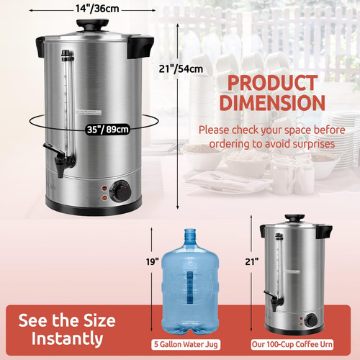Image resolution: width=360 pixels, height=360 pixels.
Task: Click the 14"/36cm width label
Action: [97, 9]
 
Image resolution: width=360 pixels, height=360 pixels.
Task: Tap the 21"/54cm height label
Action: [181, 69]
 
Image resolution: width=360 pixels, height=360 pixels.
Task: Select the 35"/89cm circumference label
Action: [107, 130]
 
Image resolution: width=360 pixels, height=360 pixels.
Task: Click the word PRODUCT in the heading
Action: [273, 83]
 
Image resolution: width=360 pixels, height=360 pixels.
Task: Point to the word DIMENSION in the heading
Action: [272, 102]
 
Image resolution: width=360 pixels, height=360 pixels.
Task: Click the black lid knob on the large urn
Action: [93, 24]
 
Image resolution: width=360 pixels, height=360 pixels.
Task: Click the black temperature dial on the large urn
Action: [120, 191]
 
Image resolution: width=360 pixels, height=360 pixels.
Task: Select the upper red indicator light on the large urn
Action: [104, 189]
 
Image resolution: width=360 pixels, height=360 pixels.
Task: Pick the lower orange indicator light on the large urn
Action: [104, 198]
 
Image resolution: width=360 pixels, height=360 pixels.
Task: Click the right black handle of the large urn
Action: [140, 47]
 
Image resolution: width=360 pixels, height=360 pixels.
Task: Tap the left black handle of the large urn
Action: [40, 47]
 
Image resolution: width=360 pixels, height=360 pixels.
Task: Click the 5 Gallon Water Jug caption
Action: [186, 344]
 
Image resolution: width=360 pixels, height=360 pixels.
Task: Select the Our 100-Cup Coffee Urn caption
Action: [292, 344]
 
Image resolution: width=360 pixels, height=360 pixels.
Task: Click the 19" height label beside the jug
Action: [153, 261]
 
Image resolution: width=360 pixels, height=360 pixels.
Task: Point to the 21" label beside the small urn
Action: [252, 261]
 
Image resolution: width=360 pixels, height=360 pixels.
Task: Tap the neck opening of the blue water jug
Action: [190, 231]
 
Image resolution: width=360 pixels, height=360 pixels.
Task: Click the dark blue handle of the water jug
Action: [190, 287]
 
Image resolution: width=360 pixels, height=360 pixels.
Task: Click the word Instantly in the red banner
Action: [67, 338]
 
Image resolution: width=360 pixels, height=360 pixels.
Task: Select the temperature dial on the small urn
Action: [311, 320]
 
